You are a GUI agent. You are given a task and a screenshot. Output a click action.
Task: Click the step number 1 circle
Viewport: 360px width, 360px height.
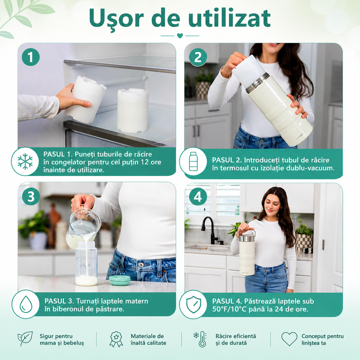[x=31, y=57]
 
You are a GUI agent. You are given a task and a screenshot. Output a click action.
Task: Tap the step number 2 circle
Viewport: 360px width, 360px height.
[x=198, y=57]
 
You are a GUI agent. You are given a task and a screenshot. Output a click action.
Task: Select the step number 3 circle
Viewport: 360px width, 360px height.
[x=31, y=197]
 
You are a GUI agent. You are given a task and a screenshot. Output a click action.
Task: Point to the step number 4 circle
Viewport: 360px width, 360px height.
[x=198, y=197]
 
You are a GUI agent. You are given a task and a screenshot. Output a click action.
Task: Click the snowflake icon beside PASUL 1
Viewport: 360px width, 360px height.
[x=25, y=161]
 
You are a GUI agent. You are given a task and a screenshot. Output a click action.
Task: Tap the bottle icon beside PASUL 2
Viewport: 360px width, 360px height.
[x=193, y=161]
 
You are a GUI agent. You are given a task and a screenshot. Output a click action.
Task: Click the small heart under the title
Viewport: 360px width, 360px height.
[x=180, y=36]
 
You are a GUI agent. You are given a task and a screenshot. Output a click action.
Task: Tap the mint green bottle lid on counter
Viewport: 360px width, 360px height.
[x=120, y=280]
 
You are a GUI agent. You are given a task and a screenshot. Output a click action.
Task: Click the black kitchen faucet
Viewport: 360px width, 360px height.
[x=210, y=230]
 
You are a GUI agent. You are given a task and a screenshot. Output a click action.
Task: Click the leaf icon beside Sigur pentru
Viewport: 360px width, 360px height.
[x=25, y=339]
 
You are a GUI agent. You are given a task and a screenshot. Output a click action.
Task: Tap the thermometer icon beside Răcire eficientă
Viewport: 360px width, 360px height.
[x=200, y=339]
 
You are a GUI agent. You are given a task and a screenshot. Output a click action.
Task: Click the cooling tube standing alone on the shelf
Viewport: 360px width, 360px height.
[x=133, y=111]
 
